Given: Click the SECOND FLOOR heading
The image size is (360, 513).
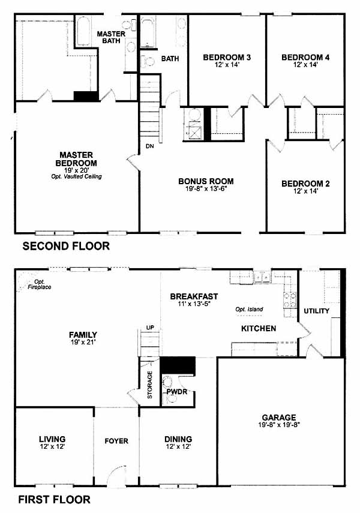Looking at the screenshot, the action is point(66,246).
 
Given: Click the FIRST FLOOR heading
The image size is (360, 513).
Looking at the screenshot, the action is point(55,500).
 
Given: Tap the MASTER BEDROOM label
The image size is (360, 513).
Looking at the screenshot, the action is point(76,158).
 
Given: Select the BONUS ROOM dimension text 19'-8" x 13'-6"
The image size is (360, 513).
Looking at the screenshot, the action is point(206,189).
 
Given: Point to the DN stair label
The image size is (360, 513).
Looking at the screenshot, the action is point(149,146).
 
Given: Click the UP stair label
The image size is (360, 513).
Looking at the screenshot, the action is point(151,328).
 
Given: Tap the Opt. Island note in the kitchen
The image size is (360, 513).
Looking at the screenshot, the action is point(249,309).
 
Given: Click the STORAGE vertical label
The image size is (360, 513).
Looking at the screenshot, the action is point(150,385).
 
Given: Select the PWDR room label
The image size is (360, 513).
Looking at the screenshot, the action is point(177,391).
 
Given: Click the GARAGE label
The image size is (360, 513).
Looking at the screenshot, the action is point(279,418).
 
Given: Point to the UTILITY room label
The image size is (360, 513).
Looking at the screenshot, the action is point(316,311).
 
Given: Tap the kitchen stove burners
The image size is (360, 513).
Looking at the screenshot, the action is point(290,301).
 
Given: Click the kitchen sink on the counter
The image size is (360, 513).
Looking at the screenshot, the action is point(263,277).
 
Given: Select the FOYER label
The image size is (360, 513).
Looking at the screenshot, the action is point(116,441).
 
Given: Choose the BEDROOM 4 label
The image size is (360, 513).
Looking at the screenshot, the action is point(305,58).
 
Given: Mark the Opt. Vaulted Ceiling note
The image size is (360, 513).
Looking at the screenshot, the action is point(76,176).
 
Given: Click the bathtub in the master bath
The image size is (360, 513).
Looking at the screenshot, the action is point(83,31).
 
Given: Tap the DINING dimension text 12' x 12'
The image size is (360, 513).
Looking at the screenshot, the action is point(178,446).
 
